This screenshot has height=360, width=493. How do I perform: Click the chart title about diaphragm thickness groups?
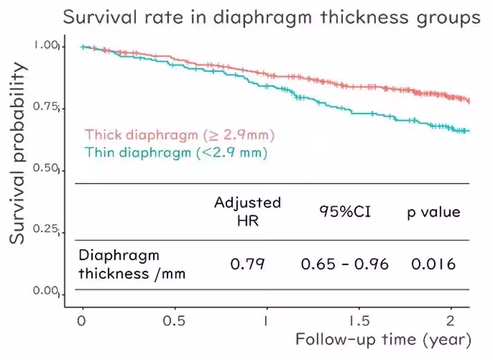pos(271,17)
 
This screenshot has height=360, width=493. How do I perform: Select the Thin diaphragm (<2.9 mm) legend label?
pos(176,151)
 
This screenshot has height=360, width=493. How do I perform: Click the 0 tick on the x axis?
pos(82,321)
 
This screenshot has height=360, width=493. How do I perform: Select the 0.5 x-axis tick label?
pos(174,321)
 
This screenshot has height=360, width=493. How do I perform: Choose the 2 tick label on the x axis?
pos(451,321)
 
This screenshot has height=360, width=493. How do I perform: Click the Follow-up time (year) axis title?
pos(384,340)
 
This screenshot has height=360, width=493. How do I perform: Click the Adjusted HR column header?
pos(247,211)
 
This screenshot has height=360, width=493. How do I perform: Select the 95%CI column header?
pos(345,211)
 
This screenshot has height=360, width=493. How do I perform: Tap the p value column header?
pos(433,211)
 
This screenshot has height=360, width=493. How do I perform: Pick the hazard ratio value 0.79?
pos(247,264)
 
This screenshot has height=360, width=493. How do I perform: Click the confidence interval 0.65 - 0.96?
pos(345,264)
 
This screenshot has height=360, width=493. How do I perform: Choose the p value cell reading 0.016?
pos(433,264)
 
